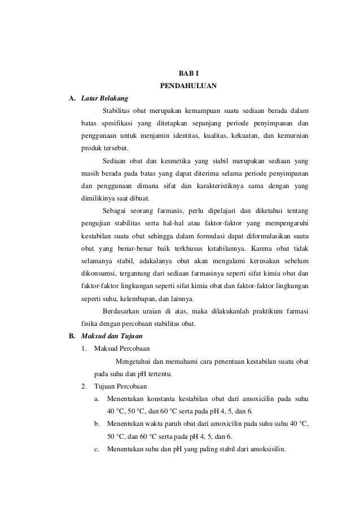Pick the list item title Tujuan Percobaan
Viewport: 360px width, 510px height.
pyautogui.click(x=121, y=386)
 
